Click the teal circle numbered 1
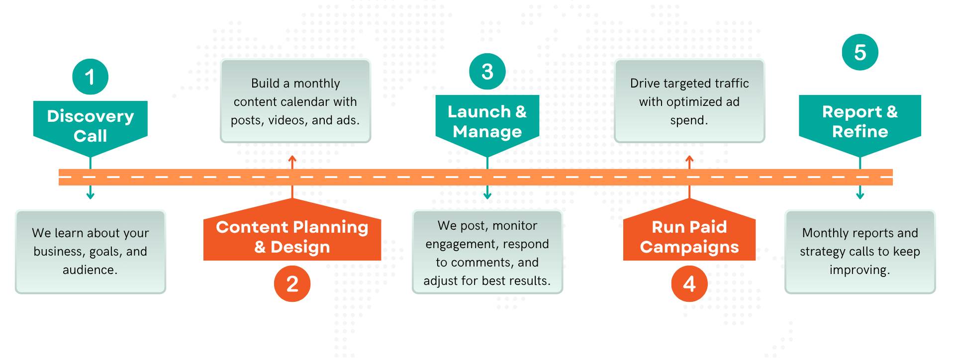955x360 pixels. click(x=90, y=77)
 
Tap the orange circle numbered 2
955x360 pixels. click(x=292, y=283)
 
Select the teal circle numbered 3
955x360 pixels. click(x=487, y=72)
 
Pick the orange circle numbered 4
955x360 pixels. click(x=689, y=283)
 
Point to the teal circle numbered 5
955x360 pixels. click(x=860, y=52)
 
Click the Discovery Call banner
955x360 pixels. click(x=90, y=125)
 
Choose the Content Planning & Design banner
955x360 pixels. click(x=292, y=236)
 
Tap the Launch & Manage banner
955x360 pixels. click(x=487, y=121)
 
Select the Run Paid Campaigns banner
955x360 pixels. click(x=689, y=236)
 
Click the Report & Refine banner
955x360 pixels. click(x=860, y=121)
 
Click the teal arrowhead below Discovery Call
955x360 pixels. click(x=90, y=196)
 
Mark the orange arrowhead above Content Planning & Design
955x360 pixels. click(x=292, y=159)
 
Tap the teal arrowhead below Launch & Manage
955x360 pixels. click(x=487, y=196)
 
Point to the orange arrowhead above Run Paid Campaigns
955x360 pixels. click(x=689, y=159)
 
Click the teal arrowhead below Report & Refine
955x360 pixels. click(x=860, y=196)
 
